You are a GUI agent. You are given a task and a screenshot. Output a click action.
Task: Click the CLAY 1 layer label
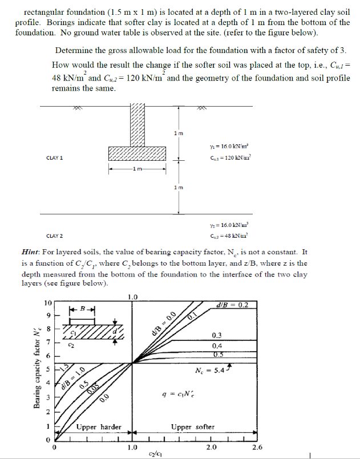click(54, 157)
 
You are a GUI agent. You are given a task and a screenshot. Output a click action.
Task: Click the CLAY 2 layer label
click(54, 235)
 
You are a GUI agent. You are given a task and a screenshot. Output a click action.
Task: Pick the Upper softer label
click(193, 426)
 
